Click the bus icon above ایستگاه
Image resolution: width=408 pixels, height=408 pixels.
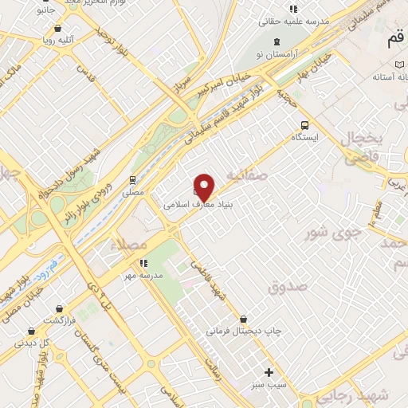coord(304,124)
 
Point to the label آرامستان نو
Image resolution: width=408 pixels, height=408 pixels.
coord(276,53)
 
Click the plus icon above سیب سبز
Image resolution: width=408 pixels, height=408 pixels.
coord(269,372)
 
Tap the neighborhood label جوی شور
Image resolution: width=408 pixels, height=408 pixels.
coord(335,233)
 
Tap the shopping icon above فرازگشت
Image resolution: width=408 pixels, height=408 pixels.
coord(59,308)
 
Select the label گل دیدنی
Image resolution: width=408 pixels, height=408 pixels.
coord(33,343)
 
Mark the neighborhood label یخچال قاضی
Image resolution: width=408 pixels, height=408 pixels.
coord(363,149)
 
